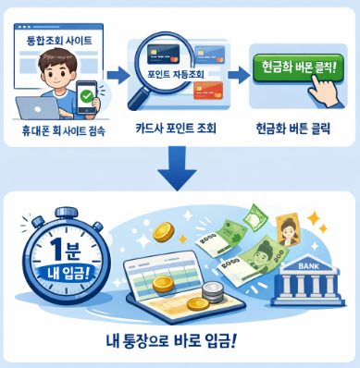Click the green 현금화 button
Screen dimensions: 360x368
[x=298, y=68]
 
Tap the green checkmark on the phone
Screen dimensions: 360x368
[x=86, y=97]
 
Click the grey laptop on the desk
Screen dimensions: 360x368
[x=38, y=108]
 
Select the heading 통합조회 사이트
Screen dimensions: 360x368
[x=59, y=41]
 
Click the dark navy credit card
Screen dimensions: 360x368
[x=164, y=55]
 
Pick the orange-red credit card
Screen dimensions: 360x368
[x=208, y=91]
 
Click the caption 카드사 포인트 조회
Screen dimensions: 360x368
[x=176, y=129]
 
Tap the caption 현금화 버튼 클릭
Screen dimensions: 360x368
[x=293, y=129]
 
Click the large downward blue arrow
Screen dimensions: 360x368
[x=177, y=168]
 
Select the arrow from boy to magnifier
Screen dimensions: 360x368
[x=118, y=75]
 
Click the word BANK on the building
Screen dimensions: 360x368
[x=309, y=266]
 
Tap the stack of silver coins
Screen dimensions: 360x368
[x=212, y=293]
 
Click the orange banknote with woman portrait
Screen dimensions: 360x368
[x=289, y=229]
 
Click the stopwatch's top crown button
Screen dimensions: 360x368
[x=67, y=214]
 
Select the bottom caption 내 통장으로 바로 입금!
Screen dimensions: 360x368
[x=172, y=341]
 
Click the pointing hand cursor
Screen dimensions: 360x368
[x=324, y=90]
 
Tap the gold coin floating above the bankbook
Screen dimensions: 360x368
[x=163, y=232]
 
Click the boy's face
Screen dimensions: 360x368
[x=57, y=72]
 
